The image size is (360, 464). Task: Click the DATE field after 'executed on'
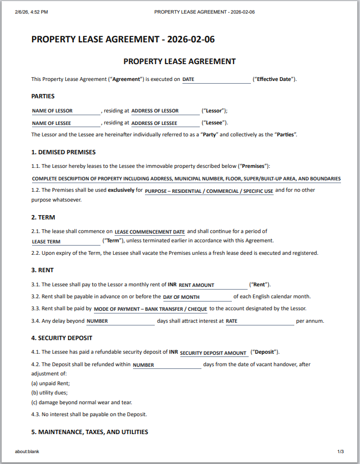click(x=216, y=79)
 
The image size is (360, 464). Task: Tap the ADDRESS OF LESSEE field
click(x=166, y=123)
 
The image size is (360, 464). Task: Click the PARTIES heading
click(x=43, y=96)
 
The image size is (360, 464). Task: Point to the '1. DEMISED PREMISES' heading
click(x=64, y=152)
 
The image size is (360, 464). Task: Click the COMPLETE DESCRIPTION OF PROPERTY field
click(x=186, y=179)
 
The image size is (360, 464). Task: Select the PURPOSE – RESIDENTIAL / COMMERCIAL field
click(x=209, y=191)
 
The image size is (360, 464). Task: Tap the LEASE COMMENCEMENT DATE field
click(x=150, y=232)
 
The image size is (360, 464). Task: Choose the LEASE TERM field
click(x=66, y=241)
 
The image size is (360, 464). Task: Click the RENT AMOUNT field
click(x=212, y=285)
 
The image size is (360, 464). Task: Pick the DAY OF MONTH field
click(x=197, y=297)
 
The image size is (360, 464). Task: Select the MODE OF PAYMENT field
click(x=150, y=309)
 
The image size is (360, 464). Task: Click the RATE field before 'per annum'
click(x=259, y=321)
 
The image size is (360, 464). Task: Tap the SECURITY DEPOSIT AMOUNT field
click(x=213, y=353)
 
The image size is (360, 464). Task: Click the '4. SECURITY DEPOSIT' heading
click(x=61, y=338)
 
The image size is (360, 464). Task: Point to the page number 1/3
click(x=340, y=452)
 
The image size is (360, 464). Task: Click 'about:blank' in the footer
click(x=27, y=452)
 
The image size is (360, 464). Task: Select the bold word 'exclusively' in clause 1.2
click(x=121, y=190)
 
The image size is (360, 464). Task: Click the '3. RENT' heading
click(x=42, y=270)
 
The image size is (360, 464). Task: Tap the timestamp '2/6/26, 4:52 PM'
click(x=31, y=11)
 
